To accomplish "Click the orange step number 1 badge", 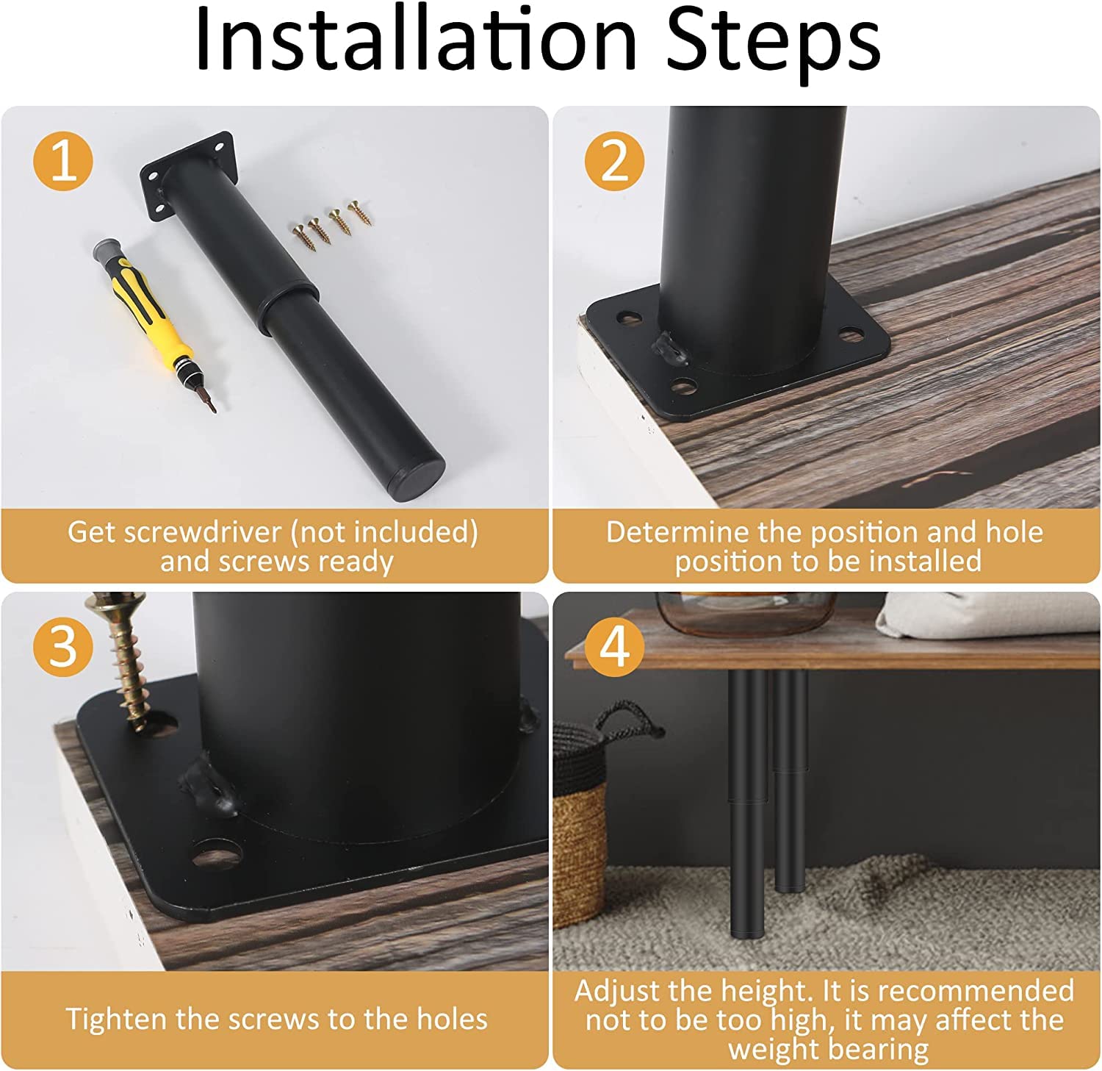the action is tap(64, 160).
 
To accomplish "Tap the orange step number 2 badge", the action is tap(615, 160).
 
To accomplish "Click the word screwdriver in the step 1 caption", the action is tap(212, 531).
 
